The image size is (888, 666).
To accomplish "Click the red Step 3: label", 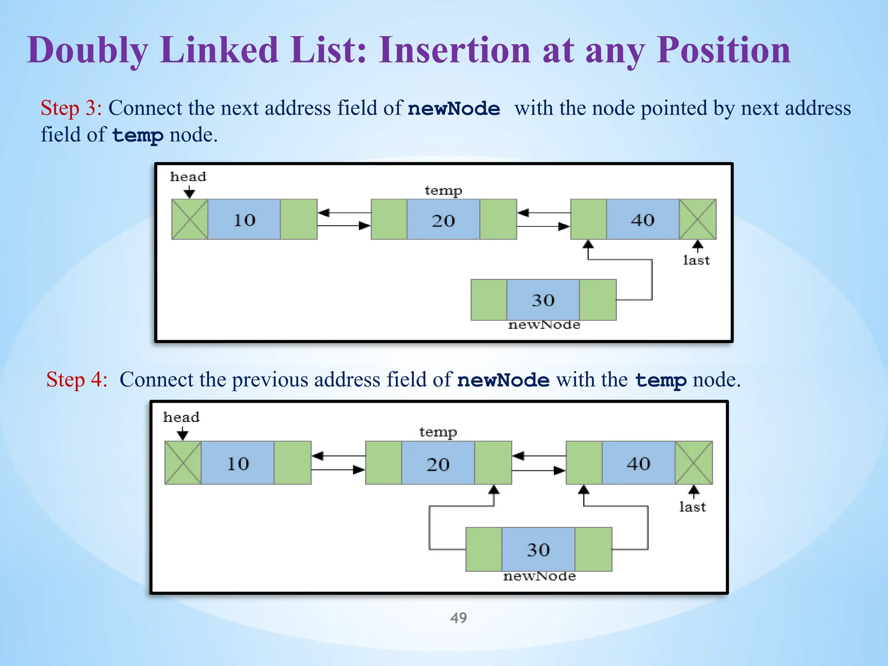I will [x=71, y=108].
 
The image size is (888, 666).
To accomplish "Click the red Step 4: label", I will [x=77, y=379].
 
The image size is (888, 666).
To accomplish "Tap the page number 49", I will [x=458, y=617].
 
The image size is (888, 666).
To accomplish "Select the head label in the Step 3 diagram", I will [x=188, y=177].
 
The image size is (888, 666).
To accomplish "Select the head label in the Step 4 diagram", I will [x=181, y=417].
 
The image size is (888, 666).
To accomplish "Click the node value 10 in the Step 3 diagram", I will [x=244, y=220].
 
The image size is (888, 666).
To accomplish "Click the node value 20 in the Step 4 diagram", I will [x=438, y=464].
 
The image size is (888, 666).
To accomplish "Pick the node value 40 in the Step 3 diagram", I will [x=642, y=220].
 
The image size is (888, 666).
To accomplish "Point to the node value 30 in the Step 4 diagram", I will [x=538, y=550].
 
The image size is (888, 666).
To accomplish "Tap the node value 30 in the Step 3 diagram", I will [x=543, y=300].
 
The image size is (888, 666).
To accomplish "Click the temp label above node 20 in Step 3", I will [x=443, y=191].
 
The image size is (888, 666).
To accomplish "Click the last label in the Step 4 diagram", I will [x=692, y=507].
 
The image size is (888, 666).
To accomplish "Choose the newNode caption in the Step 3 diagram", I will [x=544, y=325].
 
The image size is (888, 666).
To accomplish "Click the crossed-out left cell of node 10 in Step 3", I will [x=189, y=219].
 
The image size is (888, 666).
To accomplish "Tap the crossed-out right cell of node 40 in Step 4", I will [x=694, y=463].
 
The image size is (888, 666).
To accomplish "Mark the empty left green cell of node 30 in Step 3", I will [x=489, y=300].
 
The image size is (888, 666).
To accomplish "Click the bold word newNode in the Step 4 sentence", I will [x=503, y=380].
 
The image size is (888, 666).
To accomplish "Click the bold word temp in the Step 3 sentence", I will [x=137, y=135].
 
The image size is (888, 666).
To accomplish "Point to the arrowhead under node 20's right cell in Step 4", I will [x=493, y=490].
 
